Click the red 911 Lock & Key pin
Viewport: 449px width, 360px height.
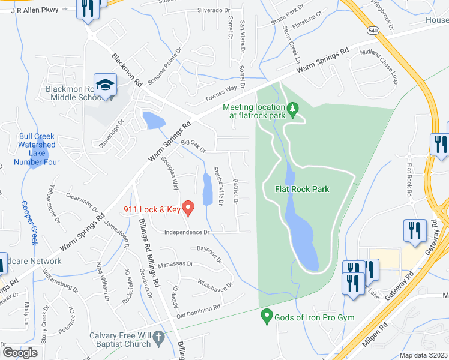tap(188, 208)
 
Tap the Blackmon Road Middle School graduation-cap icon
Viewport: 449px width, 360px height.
tap(105, 86)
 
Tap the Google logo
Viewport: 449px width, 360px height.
tap(20, 353)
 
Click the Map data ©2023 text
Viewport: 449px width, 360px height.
tap(424, 355)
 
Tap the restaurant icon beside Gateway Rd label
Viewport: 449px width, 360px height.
tap(415, 231)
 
